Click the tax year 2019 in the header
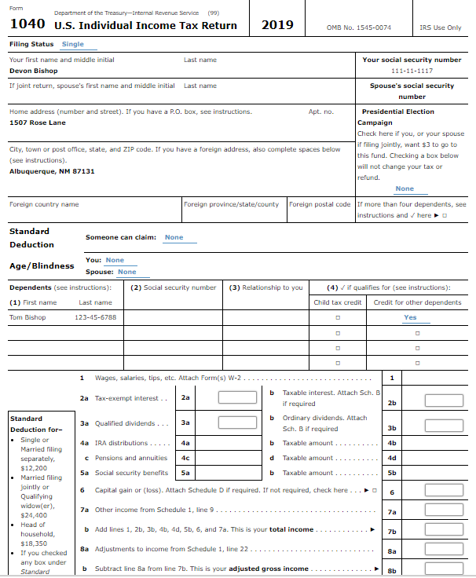tap(277, 25)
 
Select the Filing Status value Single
tap(72, 44)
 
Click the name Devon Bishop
tap(33, 71)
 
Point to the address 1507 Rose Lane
tap(37, 123)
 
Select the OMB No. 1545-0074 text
tap(358, 27)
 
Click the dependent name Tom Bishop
tap(27, 317)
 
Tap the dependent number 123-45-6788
tap(96, 317)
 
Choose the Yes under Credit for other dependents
tap(410, 317)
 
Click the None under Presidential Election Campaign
tap(405, 188)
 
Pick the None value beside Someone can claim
tap(174, 237)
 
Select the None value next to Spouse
tap(126, 272)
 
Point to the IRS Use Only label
tap(441, 27)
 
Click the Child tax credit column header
tap(338, 302)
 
